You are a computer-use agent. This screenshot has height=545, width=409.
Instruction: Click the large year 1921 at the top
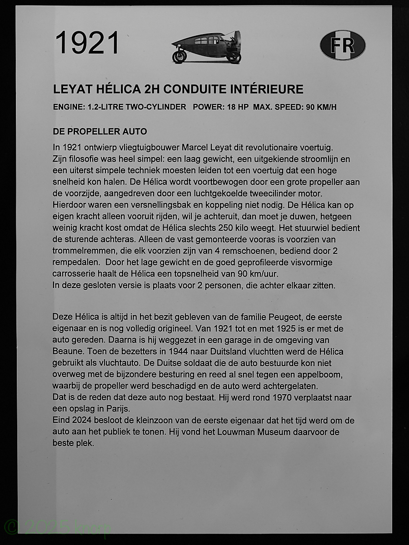click(x=87, y=43)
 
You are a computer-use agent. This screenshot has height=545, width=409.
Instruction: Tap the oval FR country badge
click(x=343, y=45)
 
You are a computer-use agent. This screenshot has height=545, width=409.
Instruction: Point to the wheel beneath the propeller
click(x=234, y=57)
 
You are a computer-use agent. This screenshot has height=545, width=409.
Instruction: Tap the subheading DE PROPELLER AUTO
click(x=100, y=132)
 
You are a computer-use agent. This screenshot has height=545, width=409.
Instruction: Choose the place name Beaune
click(x=67, y=352)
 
